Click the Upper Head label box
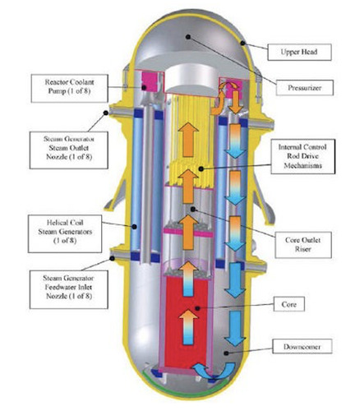point(299,52)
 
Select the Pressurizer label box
point(304,88)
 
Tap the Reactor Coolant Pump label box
point(70,88)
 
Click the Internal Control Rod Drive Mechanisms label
point(302,156)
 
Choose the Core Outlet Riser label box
point(303,245)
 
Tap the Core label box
point(289,304)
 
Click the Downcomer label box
point(302,347)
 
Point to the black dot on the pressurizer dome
point(187,37)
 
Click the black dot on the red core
point(197,308)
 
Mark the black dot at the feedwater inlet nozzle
point(112,258)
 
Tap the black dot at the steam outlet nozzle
point(106,113)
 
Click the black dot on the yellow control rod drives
point(201,169)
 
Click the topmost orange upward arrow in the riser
point(188,140)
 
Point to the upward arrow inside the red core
point(188,326)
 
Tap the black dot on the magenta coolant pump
point(144,87)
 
